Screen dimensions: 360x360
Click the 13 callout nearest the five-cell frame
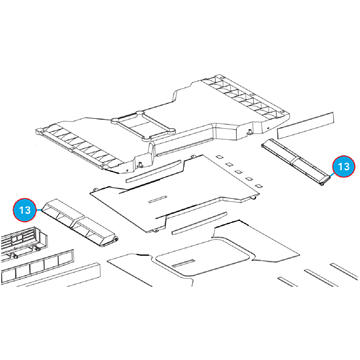coord(25,210)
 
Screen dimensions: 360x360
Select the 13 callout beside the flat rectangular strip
coord(343,166)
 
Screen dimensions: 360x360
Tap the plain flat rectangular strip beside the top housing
coord(306,125)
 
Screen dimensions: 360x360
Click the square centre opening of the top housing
coord(144,125)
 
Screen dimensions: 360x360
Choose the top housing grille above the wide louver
coord(79,147)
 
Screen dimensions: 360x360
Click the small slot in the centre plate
coord(156,200)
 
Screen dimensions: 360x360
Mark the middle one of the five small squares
coord(238,172)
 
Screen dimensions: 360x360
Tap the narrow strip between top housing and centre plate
coord(153,171)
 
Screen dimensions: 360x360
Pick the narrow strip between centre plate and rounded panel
coord(199,223)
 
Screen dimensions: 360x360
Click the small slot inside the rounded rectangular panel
coord(182,262)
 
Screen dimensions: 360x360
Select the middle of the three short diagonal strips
coord(320,278)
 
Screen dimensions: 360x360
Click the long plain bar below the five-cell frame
coord(57,276)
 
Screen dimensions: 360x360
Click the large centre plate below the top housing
coord(175,193)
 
